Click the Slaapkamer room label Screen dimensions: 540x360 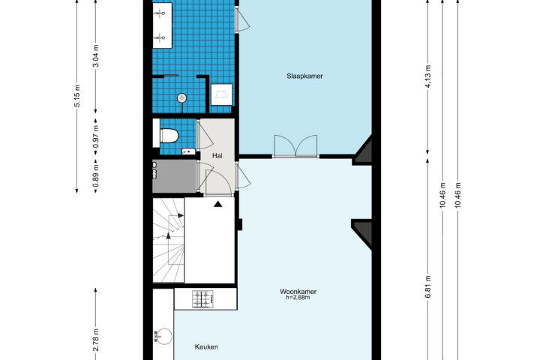[304, 76]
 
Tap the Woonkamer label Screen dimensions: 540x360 [298, 292]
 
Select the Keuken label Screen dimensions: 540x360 [206, 347]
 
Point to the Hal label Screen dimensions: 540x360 [217, 156]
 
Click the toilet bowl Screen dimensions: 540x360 [169, 136]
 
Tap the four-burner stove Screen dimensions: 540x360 [202, 299]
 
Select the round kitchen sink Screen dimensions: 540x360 [163, 335]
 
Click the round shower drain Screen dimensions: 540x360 [181, 98]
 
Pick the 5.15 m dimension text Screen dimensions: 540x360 [77, 95]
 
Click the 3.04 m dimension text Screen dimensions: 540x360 [97, 55]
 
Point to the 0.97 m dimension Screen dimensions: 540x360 [97, 136]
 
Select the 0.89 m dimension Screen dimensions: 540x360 [97, 175]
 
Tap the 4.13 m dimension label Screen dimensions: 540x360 [428, 76]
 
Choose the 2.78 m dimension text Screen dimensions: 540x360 [97, 340]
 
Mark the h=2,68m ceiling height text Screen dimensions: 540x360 [298, 298]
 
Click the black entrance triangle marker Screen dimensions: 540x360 [217, 204]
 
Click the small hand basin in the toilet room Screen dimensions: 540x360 [187, 151]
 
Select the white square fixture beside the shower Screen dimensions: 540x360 [221, 94]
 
